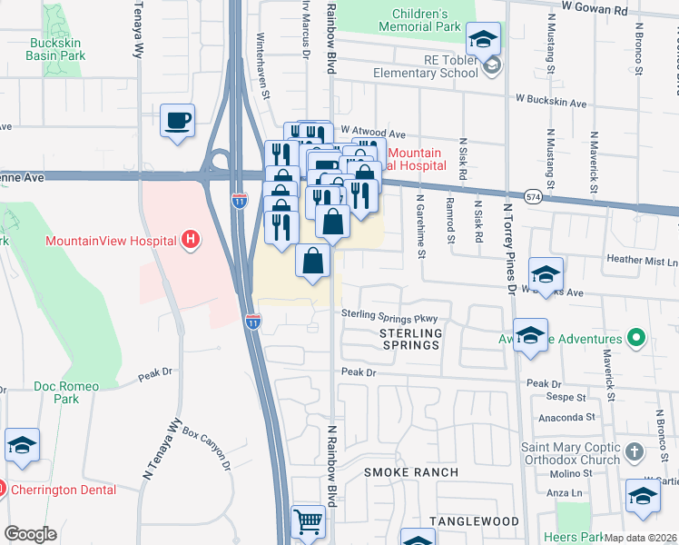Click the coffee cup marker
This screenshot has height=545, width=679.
coord(178,121)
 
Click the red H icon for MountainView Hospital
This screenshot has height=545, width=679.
coord(191,241)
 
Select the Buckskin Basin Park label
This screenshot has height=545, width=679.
coord(56,49)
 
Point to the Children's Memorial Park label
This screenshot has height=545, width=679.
coord(420,21)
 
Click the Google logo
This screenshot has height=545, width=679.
coord(30,534)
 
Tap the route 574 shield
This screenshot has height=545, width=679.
coord(534,196)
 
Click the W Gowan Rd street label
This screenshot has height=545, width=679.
coord(595,6)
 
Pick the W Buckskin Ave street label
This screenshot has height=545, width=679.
coord(550,104)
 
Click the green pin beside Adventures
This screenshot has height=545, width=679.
coord(635,339)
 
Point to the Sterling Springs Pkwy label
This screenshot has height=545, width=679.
coord(389,317)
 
